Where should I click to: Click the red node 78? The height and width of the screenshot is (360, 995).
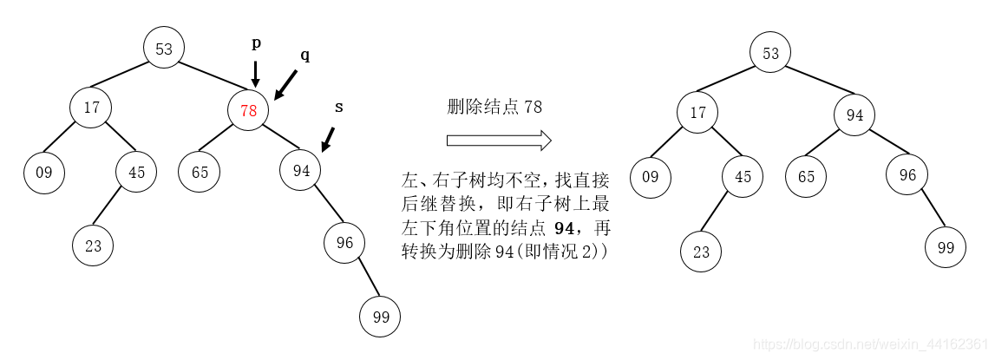point(248,110)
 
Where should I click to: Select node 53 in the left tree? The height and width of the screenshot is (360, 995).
point(164,49)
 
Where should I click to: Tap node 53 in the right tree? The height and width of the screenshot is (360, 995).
point(770,53)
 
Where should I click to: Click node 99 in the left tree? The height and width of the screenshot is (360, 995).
point(381,317)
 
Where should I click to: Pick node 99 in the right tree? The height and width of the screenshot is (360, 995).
point(945,247)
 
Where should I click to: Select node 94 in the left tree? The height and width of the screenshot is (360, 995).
point(301,171)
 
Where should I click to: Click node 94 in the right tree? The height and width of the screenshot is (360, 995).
point(855,115)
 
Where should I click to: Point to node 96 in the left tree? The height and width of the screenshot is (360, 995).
point(344,243)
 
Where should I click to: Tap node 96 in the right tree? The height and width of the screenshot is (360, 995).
point(907,174)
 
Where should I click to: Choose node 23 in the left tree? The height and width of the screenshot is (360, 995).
point(93,245)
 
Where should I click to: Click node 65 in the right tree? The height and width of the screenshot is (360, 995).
point(807,175)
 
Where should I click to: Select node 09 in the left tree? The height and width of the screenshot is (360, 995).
point(44,172)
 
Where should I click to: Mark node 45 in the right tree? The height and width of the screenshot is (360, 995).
point(743,175)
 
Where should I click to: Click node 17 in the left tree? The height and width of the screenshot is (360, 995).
point(92,108)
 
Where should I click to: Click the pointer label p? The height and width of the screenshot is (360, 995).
point(256,43)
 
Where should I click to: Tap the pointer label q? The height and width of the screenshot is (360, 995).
point(304,55)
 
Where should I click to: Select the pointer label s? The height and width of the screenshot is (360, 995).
point(339,107)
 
